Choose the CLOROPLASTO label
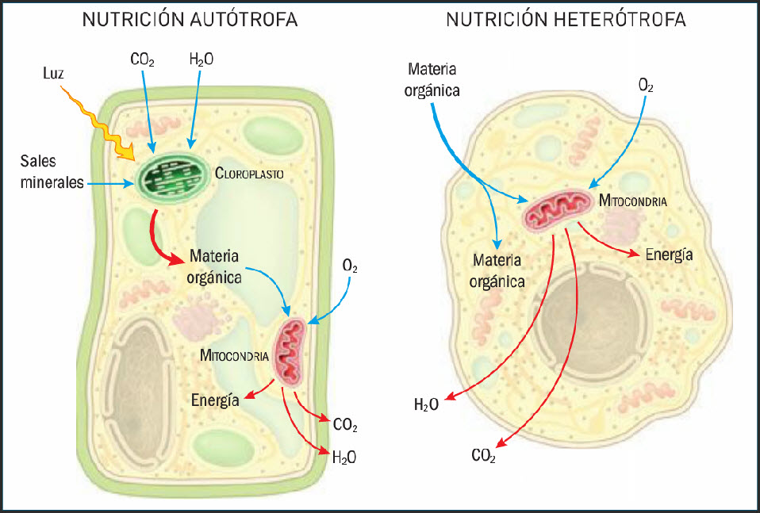point(249,172)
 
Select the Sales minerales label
point(52,172)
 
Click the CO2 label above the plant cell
point(142,59)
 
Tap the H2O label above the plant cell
point(201,59)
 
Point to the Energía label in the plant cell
point(214,400)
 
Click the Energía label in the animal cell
point(669,255)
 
